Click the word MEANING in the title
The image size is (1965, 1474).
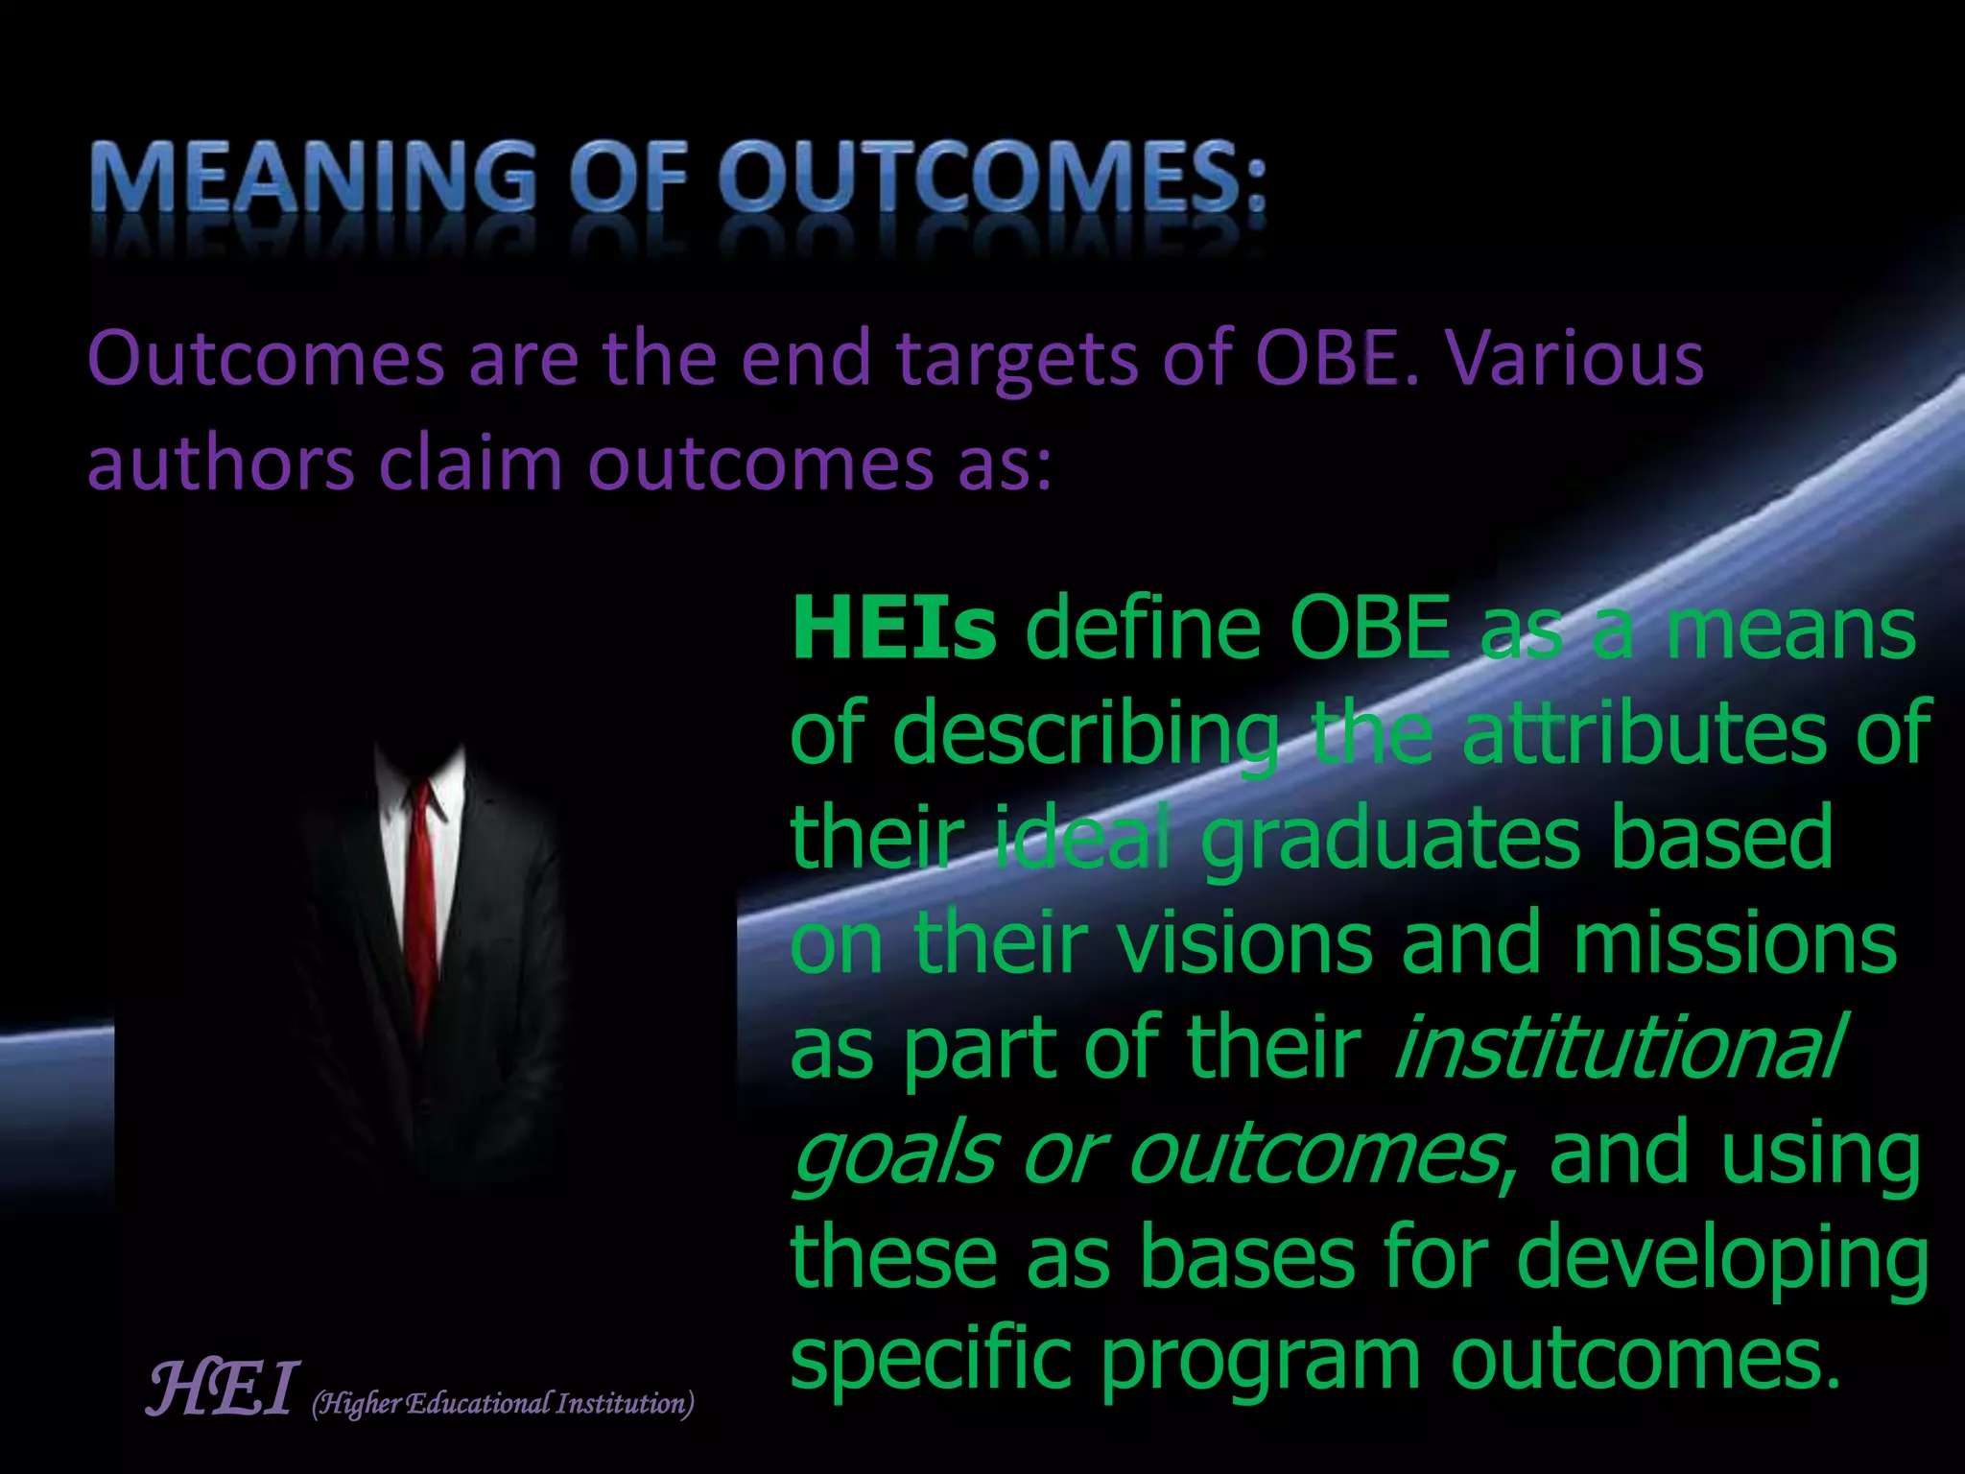(313, 178)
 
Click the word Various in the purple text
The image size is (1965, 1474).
(1574, 358)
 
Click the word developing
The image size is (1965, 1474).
(1722, 1259)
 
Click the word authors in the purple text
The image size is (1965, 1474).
(221, 464)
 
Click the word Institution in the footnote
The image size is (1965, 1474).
(624, 1404)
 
